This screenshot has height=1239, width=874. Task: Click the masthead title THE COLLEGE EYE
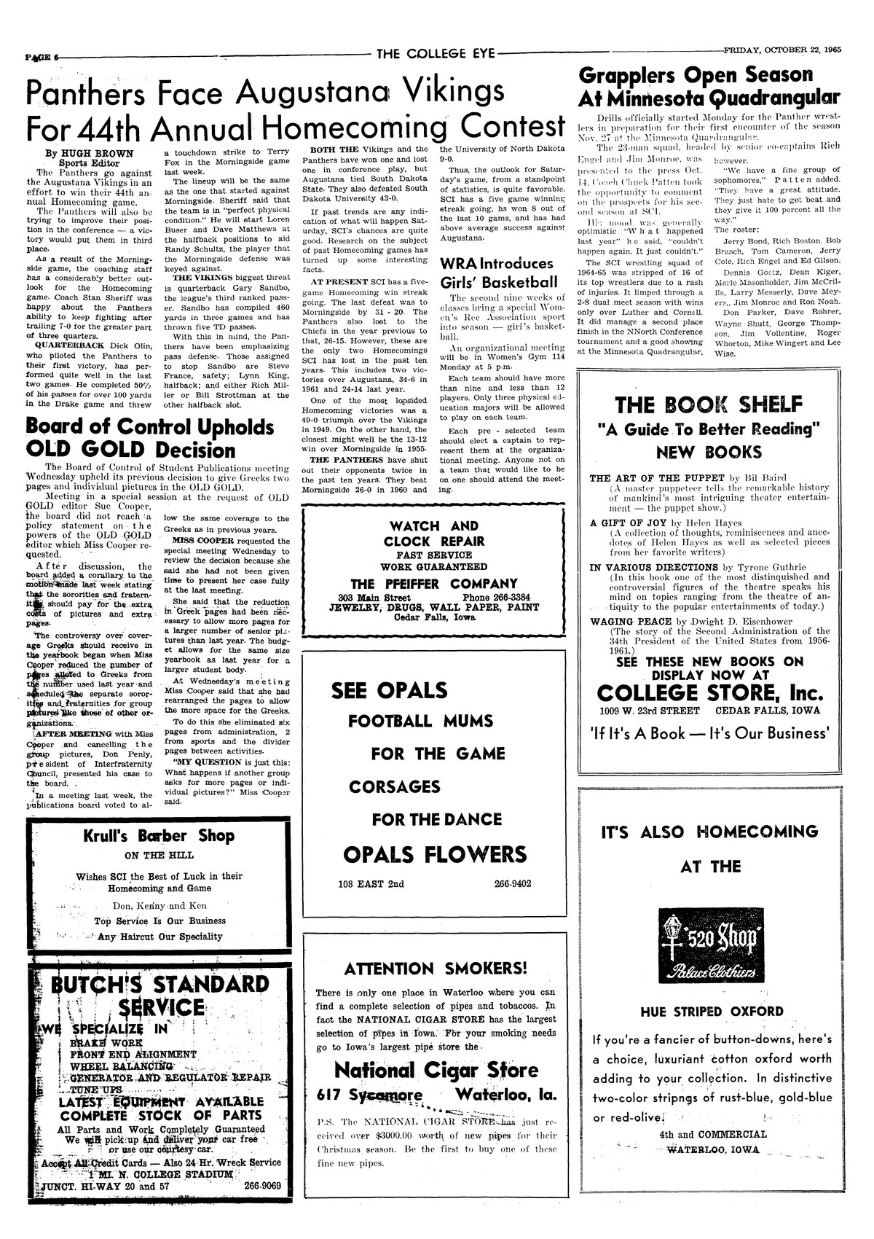click(435, 52)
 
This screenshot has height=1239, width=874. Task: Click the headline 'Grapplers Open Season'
click(694, 75)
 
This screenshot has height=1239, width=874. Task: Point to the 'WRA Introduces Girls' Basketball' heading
click(497, 272)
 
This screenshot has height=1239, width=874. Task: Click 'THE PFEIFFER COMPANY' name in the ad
click(433, 583)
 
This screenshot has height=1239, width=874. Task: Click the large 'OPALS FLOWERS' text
click(434, 853)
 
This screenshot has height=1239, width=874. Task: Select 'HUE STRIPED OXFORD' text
click(701, 1012)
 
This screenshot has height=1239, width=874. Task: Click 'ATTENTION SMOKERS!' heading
click(435, 969)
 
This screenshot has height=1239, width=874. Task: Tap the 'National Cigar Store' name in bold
click(435, 1070)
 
